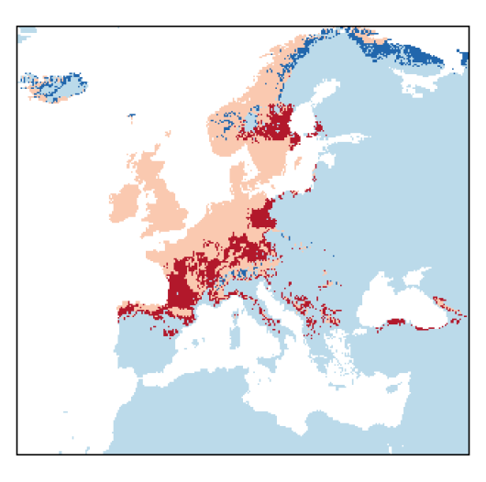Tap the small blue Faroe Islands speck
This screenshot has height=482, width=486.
pyautogui.click(x=131, y=116)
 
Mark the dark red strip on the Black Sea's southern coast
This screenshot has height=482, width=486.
pyautogui.click(x=398, y=322)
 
